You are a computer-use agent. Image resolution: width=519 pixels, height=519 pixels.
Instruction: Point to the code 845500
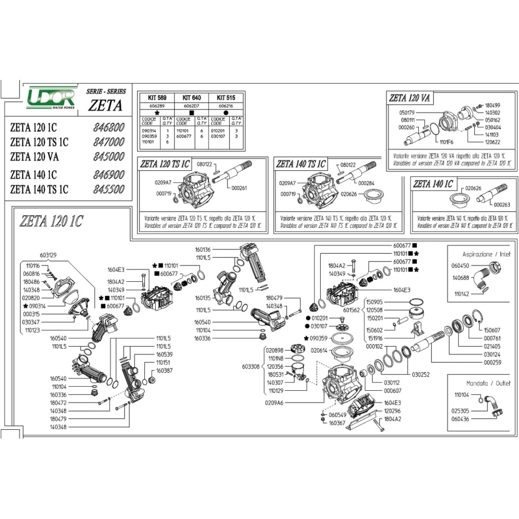109,189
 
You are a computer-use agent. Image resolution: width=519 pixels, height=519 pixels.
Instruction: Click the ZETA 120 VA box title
412,98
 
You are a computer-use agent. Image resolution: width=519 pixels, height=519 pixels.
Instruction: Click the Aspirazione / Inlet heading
486,254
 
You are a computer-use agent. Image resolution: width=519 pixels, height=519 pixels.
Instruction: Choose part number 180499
493,104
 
